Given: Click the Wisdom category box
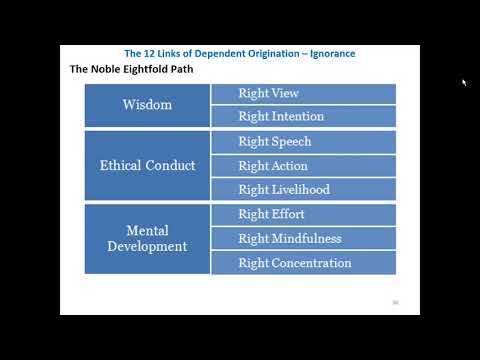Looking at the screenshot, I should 147,105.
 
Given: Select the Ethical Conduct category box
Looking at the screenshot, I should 147,166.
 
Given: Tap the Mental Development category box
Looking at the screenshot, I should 147,239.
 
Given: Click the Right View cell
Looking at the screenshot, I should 303,93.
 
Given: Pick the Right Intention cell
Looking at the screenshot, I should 303,117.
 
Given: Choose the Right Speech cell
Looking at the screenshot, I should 303,142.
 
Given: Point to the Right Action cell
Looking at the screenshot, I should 303,166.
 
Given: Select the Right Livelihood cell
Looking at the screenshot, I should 303,190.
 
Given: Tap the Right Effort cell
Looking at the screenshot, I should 303,214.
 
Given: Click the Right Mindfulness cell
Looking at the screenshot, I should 303,239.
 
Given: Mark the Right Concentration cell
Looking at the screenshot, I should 303,263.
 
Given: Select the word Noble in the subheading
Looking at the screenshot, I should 111,70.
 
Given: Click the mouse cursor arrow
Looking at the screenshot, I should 464,83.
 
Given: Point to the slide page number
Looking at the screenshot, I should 395,301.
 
